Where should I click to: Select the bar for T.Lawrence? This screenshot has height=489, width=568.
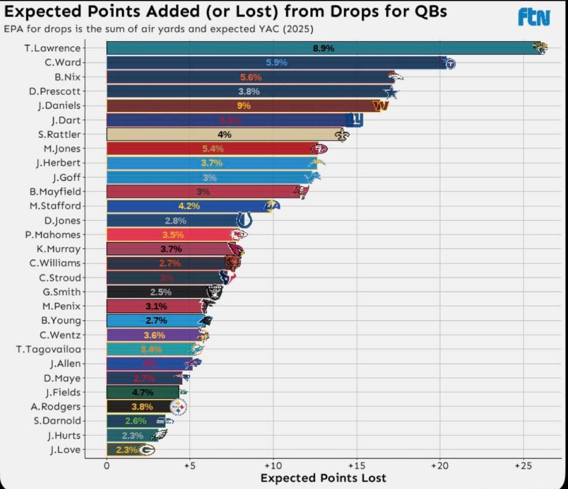[x=323, y=48]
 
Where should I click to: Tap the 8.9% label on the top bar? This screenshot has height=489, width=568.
[x=324, y=48]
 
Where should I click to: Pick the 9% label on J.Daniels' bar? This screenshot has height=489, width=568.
[x=244, y=106]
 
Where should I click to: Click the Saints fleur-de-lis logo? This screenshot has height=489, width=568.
[x=342, y=135]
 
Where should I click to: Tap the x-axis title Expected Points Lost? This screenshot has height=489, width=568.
[x=323, y=478]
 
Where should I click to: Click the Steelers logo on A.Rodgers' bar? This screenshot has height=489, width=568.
[x=178, y=406]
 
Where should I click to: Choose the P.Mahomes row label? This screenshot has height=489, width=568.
[x=53, y=234]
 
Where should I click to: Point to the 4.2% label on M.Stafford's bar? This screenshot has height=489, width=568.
[x=189, y=206]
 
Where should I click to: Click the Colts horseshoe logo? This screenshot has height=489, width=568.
[x=244, y=220]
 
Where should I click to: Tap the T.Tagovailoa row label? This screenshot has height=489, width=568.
[x=48, y=349]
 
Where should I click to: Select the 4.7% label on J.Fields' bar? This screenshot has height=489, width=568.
[x=143, y=392]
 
